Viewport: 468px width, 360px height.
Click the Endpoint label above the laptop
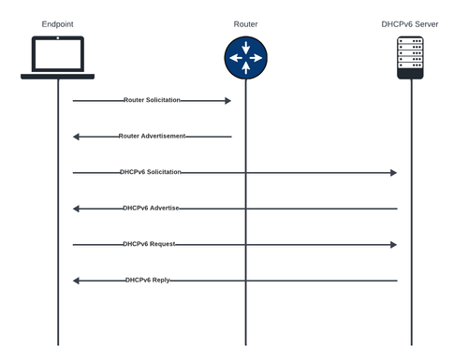pyautogui.click(x=57, y=23)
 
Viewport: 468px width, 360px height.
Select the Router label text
pyautogui.click(x=245, y=23)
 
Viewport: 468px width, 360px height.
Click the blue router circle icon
pyautogui.click(x=245, y=57)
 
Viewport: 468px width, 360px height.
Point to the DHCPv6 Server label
pyautogui.click(x=409, y=23)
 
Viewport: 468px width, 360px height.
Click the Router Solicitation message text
pyautogui.click(x=152, y=100)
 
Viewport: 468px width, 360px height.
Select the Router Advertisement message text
pyautogui.click(x=152, y=137)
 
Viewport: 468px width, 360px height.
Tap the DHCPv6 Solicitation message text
pyautogui.click(x=151, y=173)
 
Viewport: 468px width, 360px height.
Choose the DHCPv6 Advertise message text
pyautogui.click(x=151, y=209)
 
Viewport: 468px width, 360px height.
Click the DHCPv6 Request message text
pyautogui.click(x=149, y=245)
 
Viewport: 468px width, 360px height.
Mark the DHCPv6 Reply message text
pyautogui.click(x=148, y=281)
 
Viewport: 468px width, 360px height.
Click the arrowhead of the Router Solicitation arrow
pyautogui.click(x=227, y=100)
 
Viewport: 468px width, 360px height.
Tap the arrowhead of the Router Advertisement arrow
pyautogui.click(x=77, y=137)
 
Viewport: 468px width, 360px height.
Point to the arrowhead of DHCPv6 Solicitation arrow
pyautogui.click(x=394, y=173)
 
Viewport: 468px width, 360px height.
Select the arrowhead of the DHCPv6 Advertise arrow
pyautogui.click(x=77, y=209)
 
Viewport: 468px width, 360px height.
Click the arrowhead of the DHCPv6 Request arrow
pyautogui.click(x=394, y=245)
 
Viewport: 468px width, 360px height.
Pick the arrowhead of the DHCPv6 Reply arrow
pyautogui.click(x=77, y=281)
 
